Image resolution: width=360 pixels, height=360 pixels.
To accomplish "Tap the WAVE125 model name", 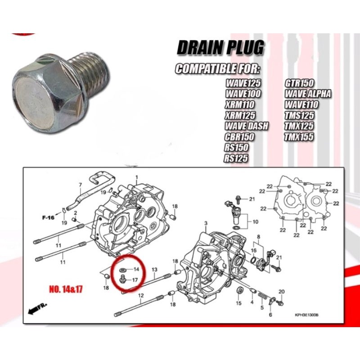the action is click(x=244, y=84).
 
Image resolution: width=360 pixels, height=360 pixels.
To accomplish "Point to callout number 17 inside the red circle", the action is click(x=135, y=280).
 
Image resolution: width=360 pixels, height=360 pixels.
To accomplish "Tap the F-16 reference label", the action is click(x=49, y=217).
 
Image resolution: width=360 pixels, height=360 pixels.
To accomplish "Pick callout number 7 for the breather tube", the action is click(x=81, y=185).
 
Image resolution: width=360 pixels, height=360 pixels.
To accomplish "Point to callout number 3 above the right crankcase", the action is click(x=205, y=224).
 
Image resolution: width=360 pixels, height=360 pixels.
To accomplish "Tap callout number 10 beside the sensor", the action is click(x=255, y=222).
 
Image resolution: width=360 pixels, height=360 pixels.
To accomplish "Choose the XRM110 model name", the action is click(x=242, y=105).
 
